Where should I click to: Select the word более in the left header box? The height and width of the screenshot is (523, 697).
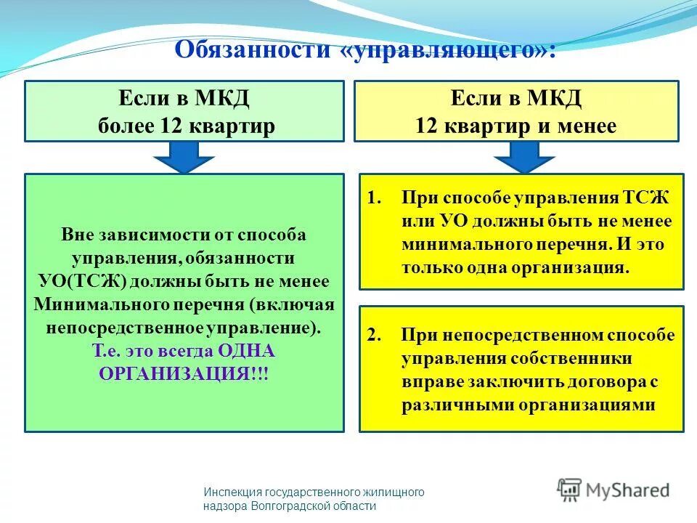coord(123,126)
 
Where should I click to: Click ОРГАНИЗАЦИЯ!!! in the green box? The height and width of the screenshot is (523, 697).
coord(183,373)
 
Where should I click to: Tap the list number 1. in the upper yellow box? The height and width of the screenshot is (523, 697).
coord(374,198)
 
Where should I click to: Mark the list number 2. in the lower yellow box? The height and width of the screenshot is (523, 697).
coord(374,336)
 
